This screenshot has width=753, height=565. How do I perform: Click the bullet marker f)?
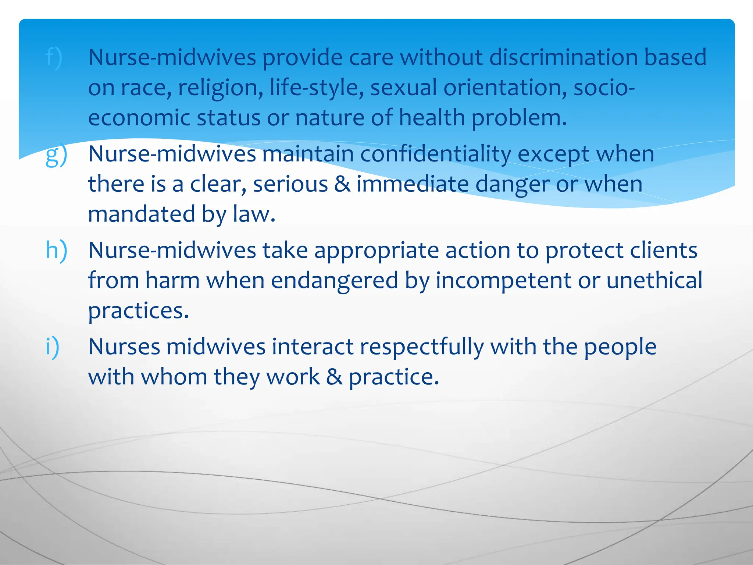coord(54,58)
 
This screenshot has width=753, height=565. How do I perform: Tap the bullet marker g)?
coord(56,155)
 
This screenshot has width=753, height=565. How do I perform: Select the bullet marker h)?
coord(56,251)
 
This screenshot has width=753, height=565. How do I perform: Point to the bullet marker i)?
coord(52,347)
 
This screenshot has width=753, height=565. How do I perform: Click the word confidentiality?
coord(435,154)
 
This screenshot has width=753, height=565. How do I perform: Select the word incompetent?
coord(504,281)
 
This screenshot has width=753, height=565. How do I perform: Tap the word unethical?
coord(654,280)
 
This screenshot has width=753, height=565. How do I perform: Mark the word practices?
coord(138,311)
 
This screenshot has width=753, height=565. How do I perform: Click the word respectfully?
coord(421,347)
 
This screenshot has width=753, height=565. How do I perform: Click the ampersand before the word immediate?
coord(342,184)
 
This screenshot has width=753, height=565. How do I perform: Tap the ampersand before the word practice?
coord(334,377)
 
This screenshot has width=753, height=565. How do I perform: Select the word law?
coord(254,214)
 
